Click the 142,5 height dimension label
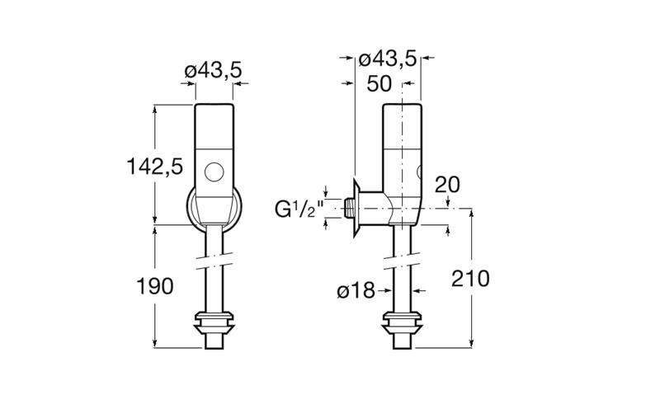click(155, 167)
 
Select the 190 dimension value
click(155, 286)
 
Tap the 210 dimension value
click(470, 279)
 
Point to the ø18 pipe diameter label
click(356, 290)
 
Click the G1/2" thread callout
click(299, 209)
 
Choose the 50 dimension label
click(379, 84)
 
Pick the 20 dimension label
click(447, 185)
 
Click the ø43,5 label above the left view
click(214, 70)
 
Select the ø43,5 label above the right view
click(387, 59)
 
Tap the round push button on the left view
click(214, 172)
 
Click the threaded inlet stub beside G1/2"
click(348, 208)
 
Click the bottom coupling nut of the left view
click(214, 322)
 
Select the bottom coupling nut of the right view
click(402, 322)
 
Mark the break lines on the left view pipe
click(214, 261)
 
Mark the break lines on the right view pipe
click(402, 261)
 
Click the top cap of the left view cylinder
click(214, 126)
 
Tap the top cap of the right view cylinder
click(402, 126)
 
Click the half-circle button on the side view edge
click(419, 172)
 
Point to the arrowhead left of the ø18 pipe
click(388, 290)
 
